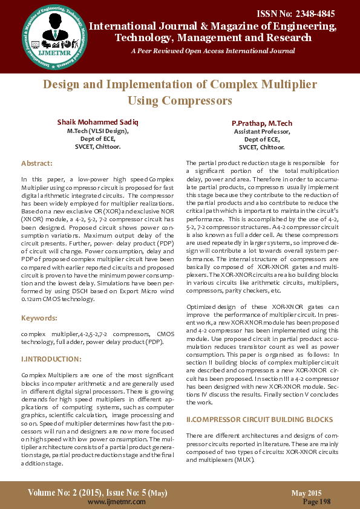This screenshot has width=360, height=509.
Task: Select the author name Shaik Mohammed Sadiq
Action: point(97,122)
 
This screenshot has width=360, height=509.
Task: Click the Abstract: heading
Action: point(37,163)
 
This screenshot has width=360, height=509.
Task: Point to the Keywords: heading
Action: point(40,317)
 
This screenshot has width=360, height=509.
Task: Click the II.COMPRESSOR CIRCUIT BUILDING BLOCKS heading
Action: point(259,419)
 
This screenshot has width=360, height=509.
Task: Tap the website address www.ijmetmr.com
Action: point(112,501)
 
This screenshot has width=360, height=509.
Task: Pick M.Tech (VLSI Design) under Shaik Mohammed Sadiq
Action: point(97,131)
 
